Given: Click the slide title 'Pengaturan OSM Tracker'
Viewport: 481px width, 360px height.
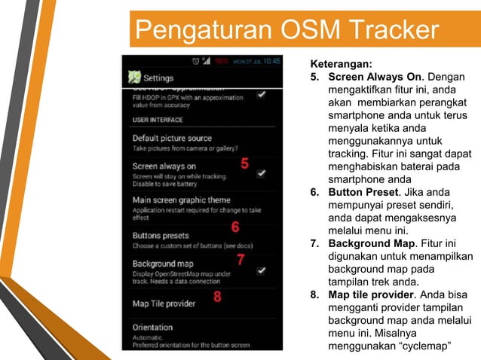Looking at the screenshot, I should pos(285,30).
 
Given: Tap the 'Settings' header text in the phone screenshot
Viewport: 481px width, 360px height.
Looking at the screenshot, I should pos(158,78).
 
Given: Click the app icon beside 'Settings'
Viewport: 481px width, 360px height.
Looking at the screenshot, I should pos(134,77).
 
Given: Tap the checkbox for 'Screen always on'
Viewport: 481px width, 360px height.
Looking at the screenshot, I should pos(262,173).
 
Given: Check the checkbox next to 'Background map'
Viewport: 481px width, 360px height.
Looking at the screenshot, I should pos(262,270).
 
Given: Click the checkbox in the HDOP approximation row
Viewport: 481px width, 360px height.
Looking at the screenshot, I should pos(262,95).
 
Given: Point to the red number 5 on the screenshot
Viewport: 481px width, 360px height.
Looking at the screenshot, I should pos(244,163).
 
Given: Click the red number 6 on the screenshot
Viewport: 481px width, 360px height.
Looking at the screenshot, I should pos(235,227).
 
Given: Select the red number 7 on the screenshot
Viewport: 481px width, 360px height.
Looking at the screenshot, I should pos(240,260).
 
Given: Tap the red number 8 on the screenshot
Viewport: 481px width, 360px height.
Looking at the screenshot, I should pos(217,297).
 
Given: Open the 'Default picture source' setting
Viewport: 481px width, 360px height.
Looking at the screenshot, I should pos(172,139).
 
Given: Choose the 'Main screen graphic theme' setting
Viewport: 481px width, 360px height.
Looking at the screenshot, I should pos(182,200).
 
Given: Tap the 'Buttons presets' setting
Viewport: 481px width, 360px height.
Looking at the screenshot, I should pos(161,236).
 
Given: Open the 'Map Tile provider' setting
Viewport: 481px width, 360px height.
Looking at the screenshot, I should pos(164,304).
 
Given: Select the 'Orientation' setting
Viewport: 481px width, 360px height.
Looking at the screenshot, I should pos(152,328).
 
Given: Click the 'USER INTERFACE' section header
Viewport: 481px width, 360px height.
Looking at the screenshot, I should pos(158,120).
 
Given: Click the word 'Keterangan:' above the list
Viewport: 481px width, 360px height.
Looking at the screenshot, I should pos(341,65).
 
